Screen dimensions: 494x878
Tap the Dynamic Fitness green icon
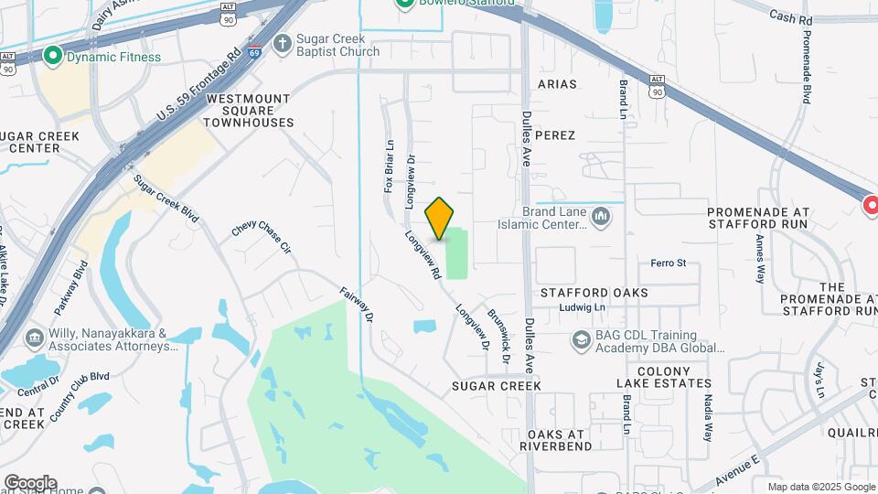53,57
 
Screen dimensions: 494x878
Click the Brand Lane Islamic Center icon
601,217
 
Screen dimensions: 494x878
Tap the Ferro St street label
668,263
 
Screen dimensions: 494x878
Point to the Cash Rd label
791,16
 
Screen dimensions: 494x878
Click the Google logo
30,482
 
